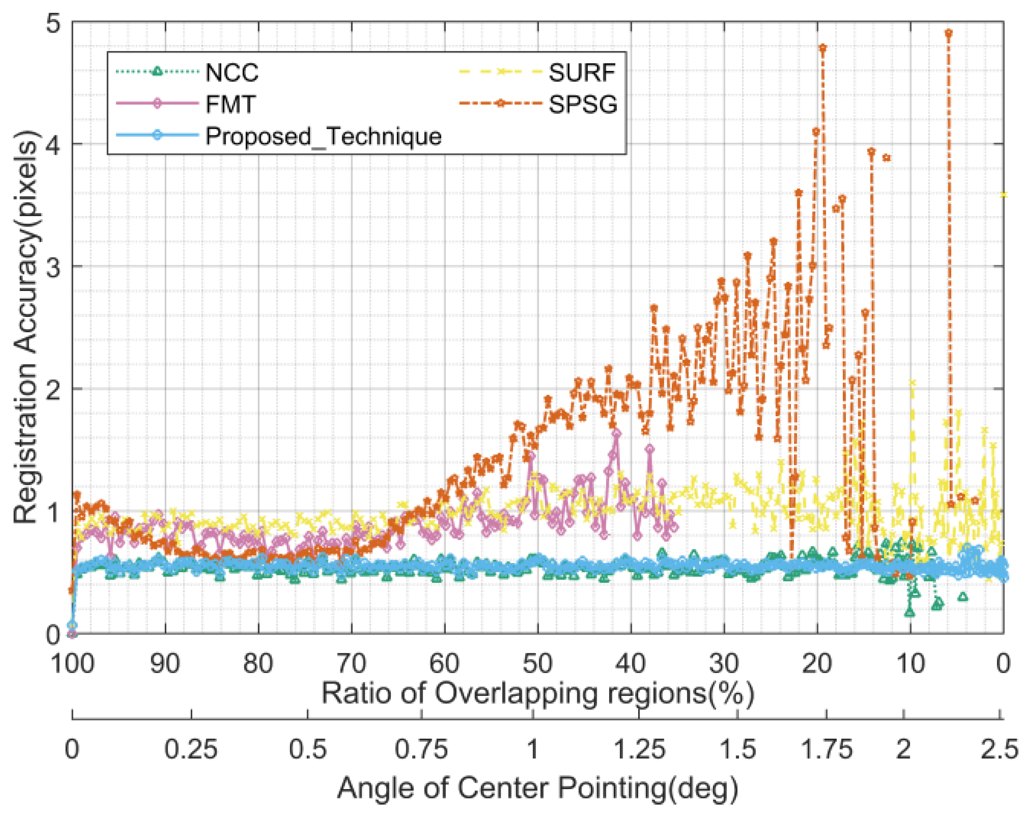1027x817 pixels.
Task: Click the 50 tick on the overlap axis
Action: pos(537,663)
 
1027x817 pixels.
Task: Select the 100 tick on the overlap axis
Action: pos(72,663)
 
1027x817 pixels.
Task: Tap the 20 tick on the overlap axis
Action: pos(816,663)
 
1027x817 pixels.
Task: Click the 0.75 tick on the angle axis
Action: pos(421,749)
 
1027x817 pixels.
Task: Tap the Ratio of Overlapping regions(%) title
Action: pos(537,694)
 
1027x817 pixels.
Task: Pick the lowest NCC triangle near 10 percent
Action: pos(910,612)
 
